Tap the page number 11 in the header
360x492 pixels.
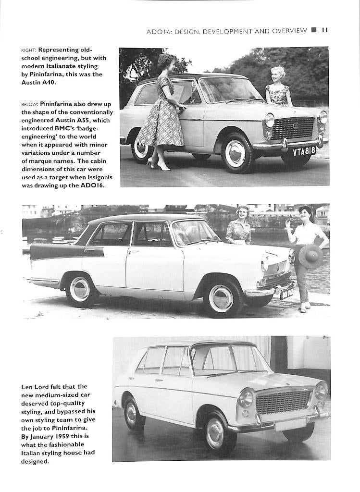(324, 30)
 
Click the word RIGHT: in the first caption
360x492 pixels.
(29, 50)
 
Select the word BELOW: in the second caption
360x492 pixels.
(30, 104)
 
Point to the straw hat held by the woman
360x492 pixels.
(310, 256)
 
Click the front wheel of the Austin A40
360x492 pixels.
(235, 154)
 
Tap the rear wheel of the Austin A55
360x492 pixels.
(79, 288)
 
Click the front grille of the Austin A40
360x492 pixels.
(293, 128)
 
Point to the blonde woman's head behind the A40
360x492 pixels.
(277, 74)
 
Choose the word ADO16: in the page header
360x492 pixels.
(159, 31)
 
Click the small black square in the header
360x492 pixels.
(314, 30)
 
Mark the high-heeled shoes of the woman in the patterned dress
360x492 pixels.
(159, 165)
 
